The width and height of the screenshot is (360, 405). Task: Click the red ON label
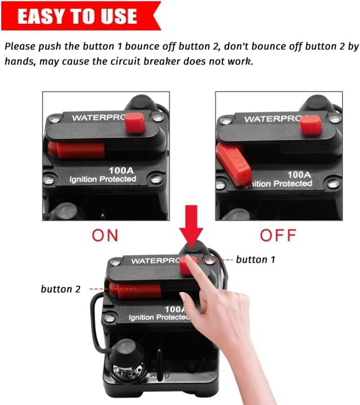click(x=105, y=235)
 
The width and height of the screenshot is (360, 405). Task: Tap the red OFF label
click(x=278, y=235)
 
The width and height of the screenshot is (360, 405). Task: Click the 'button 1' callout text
click(x=255, y=260)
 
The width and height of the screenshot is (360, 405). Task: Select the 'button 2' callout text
click(x=61, y=289)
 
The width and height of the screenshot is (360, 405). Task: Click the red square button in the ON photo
click(x=135, y=124)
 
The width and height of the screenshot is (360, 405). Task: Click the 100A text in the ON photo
click(x=121, y=170)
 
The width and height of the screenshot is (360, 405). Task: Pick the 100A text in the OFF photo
click(x=299, y=174)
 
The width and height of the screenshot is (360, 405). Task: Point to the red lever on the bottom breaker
click(x=135, y=291)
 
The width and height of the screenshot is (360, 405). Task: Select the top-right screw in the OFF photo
click(x=333, y=119)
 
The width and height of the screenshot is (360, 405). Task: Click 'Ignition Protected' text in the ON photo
click(x=103, y=179)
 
